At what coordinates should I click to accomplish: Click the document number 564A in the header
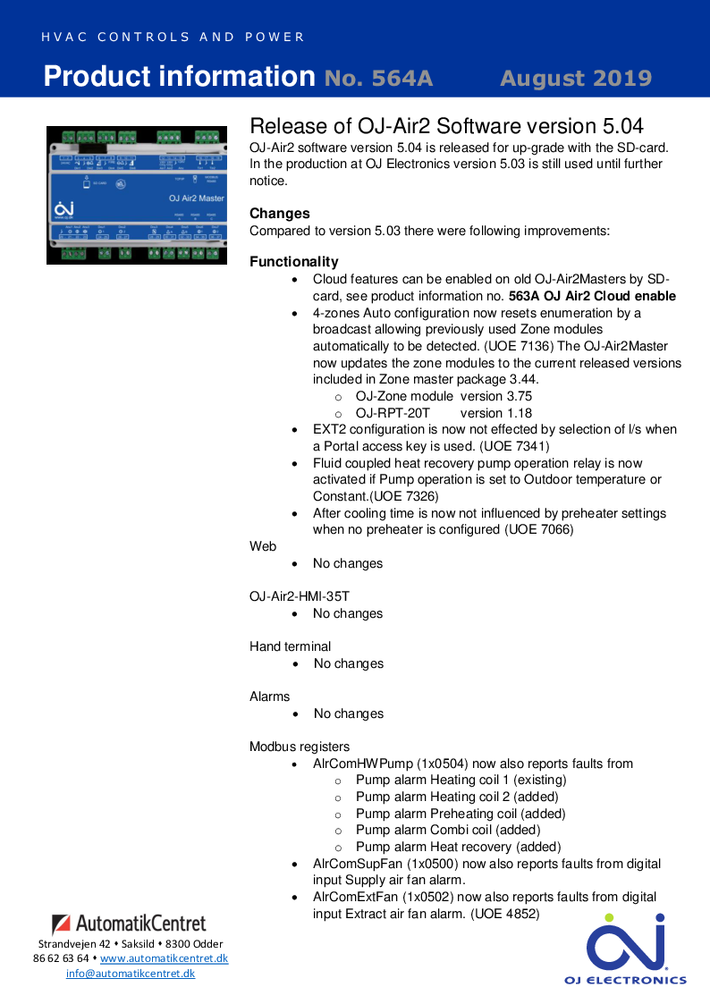pos(378,79)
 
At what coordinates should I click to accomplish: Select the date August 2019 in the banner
pos(576,79)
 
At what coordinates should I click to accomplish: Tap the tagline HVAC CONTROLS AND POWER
pos(173,38)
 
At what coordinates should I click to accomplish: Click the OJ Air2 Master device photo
pos(137,195)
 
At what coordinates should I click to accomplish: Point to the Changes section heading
pos(279,214)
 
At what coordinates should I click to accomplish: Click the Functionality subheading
pos(293,262)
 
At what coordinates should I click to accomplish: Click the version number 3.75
pos(513,396)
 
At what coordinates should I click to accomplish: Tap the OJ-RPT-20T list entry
pos(393,413)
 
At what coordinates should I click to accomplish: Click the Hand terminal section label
pos(290,646)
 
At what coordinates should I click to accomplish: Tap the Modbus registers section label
pos(300,747)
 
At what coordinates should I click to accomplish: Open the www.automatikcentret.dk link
pos(164,958)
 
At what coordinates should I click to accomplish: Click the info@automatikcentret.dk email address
pos(131,974)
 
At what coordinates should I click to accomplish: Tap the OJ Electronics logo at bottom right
pos(625,949)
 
